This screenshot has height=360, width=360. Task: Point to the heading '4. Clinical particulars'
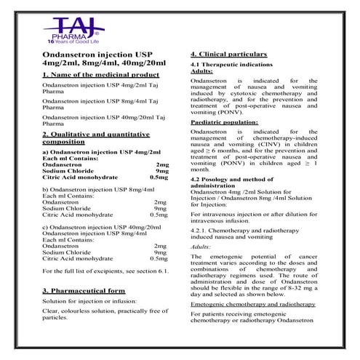pyautogui.click(x=228, y=55)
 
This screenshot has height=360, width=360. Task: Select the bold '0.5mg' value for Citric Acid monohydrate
pyautogui.click(x=158, y=177)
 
